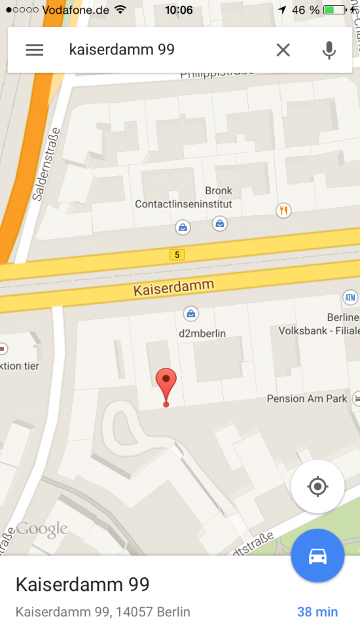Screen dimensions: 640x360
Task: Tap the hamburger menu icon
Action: (x=35, y=50)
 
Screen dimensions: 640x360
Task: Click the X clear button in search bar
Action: (x=283, y=50)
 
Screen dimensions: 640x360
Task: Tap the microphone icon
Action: (x=329, y=50)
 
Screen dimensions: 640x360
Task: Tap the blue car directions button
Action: (x=317, y=556)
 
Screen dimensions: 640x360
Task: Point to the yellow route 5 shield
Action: (x=176, y=255)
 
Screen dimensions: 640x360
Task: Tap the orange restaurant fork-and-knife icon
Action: (x=283, y=210)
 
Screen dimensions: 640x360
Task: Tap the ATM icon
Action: (x=351, y=298)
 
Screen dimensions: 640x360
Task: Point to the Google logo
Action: (x=42, y=529)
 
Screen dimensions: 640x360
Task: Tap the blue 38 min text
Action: (x=317, y=612)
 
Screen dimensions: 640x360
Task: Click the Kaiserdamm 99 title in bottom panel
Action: (x=82, y=584)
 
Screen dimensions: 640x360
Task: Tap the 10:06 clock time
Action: (x=179, y=10)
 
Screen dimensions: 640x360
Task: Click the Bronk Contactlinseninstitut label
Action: (x=184, y=198)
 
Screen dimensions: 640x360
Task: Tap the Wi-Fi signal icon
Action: (x=119, y=10)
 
